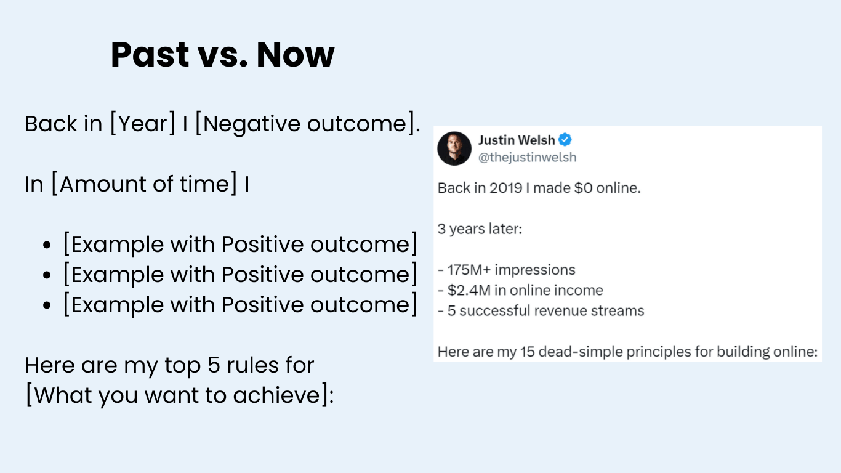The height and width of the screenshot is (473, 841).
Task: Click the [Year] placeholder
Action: coord(143,123)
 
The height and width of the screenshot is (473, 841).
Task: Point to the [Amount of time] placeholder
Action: coord(144,184)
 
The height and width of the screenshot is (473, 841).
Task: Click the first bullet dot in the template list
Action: coord(47,245)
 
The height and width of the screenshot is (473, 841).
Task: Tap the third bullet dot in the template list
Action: coord(47,305)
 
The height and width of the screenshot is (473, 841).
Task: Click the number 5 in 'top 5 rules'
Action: coord(214,365)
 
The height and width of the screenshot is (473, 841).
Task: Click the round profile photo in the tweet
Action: coord(454,148)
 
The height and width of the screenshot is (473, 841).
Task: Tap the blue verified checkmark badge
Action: coord(565,140)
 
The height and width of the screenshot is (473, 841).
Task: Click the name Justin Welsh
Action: coord(517,140)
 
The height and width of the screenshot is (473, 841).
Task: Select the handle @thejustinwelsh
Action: coord(527,158)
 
